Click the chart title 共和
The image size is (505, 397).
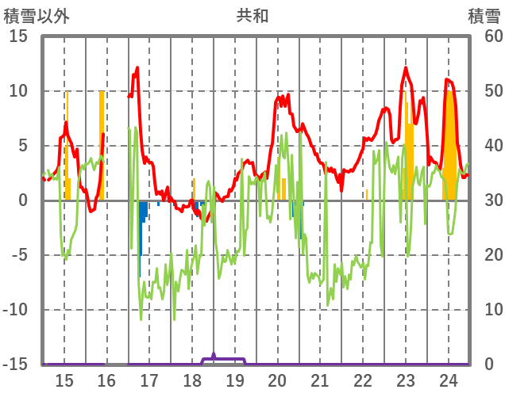point(252,16)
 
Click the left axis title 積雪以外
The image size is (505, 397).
point(37,16)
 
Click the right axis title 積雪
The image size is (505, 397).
point(484,16)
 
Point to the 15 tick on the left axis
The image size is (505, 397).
point(18,36)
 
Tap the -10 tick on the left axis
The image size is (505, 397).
point(15,310)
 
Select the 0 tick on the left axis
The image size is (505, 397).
point(23,200)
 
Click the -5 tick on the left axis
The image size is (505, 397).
point(18,255)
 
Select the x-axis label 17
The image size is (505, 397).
point(149,380)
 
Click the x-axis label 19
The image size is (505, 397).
point(235,380)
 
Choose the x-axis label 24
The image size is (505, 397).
point(449,380)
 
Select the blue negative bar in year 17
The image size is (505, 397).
point(141,218)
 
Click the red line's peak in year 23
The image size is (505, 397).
point(407,68)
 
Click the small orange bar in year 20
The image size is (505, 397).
point(283,189)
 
